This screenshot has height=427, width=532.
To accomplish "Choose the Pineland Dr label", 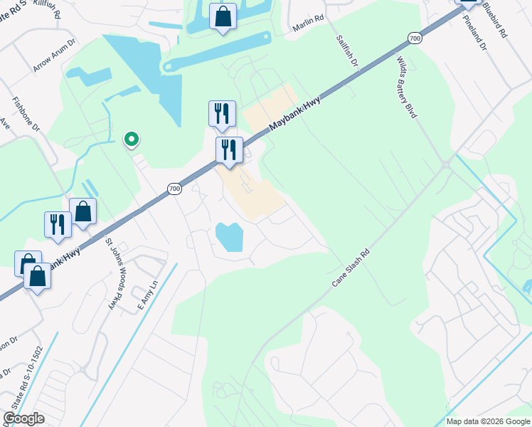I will pyautogui.click(x=477, y=36).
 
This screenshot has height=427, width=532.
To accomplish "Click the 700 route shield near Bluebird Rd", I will pyautogui.click(x=415, y=38).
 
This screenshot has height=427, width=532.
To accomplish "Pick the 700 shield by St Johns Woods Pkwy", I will pyautogui.click(x=174, y=189).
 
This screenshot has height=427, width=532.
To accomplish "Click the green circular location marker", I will pyautogui.click(x=131, y=139).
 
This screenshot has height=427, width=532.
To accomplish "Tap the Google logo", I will pyautogui.click(x=23, y=418).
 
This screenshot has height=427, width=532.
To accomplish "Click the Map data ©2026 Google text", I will pyautogui.click(x=488, y=421).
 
